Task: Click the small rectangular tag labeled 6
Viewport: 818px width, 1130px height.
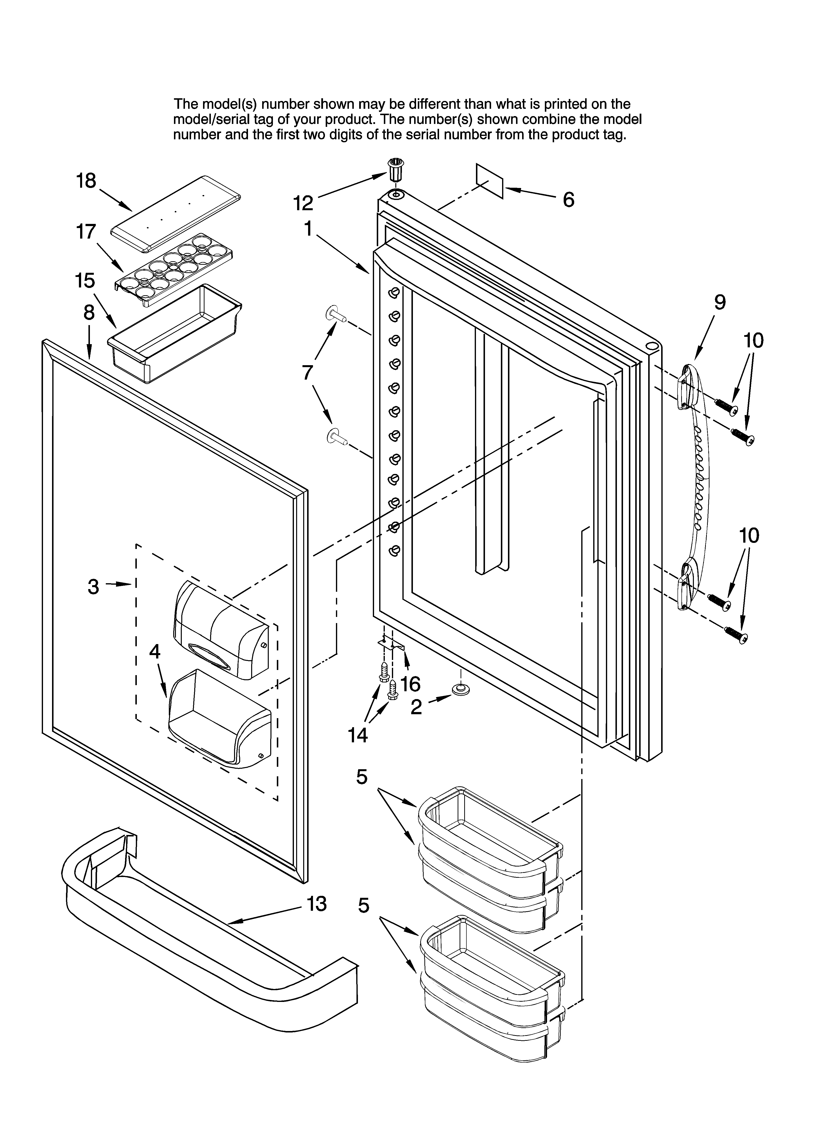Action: pos(490,181)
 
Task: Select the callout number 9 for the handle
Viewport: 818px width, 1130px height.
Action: pos(720,302)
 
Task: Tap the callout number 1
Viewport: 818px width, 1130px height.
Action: pos(308,229)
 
